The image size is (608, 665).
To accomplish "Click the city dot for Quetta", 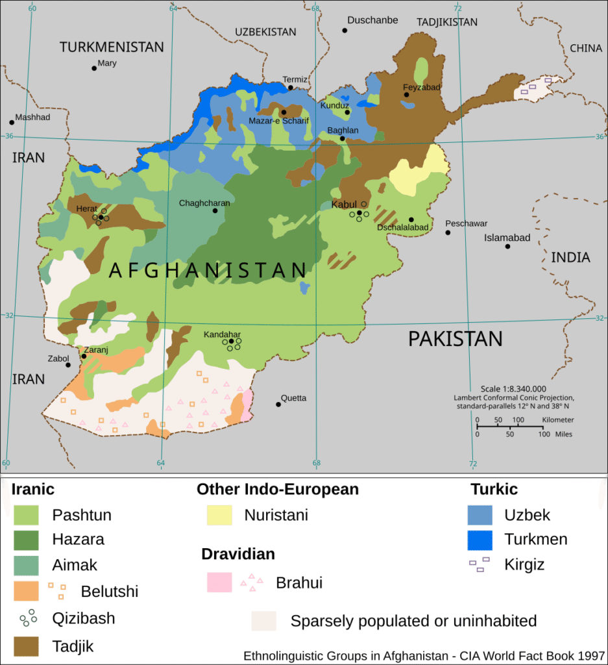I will tap(278, 404).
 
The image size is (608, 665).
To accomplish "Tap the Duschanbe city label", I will tap(372, 20).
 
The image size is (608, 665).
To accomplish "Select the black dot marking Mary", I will tap(94, 68).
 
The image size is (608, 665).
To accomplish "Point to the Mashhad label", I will tap(32, 118).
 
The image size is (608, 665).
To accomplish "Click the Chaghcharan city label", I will tap(204, 203).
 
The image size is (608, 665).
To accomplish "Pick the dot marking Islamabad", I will tap(508, 246).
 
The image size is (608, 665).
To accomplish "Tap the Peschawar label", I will tap(466, 223).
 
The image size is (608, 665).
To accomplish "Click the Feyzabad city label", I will tap(422, 87).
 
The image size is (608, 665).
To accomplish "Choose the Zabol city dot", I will tap(68, 365).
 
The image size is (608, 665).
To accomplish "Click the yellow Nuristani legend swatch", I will tap(219, 515).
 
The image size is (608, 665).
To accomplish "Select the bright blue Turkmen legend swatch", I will tap(480, 540).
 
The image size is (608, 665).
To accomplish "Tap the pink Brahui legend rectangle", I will tap(219, 582).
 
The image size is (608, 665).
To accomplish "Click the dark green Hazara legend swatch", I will tap(27, 540).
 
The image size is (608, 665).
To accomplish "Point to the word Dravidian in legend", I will tap(237, 554).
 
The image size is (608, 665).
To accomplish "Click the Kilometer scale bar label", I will tap(557, 420).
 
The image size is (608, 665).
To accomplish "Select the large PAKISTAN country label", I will tap(455, 339).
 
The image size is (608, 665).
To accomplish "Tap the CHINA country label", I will tap(586, 48).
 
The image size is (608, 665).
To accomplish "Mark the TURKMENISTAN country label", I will tap(112, 47).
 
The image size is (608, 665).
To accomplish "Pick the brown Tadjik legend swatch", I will tap(27, 646).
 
